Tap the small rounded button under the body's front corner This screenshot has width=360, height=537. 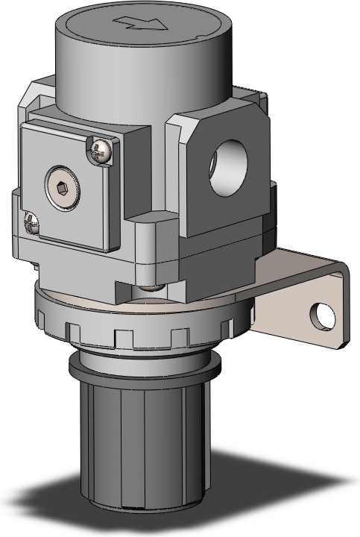pos(151,285)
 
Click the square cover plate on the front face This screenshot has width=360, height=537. pos(71,198)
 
